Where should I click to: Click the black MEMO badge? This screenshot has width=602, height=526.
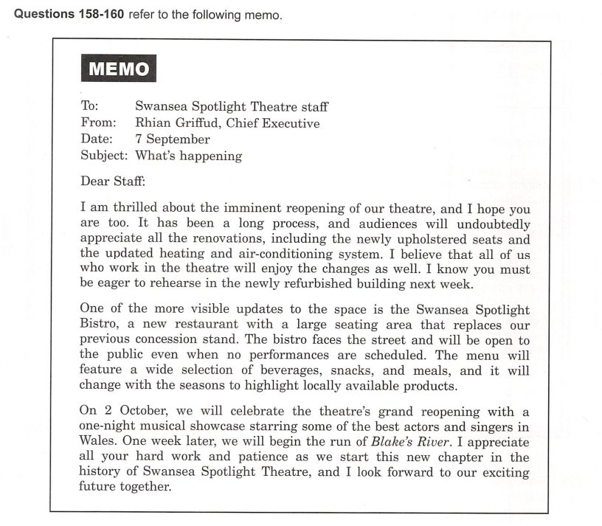tap(119, 70)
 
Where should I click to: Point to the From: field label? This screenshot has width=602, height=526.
tap(97, 122)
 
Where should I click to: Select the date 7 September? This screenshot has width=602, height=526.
tap(173, 139)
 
